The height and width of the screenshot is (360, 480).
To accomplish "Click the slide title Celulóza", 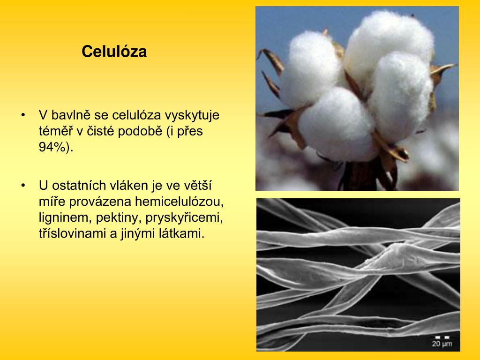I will click(114, 52).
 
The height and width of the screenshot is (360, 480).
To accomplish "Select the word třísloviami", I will click(73, 233).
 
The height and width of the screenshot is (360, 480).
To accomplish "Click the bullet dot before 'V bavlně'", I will click(23, 115).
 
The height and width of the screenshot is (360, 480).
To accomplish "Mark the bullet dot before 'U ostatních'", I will click(23, 186).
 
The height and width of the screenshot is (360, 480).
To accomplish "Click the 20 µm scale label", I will click(442, 344).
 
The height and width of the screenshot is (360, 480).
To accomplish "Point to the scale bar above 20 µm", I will click(442, 337).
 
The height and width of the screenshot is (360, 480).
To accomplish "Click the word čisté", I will click(98, 131).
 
